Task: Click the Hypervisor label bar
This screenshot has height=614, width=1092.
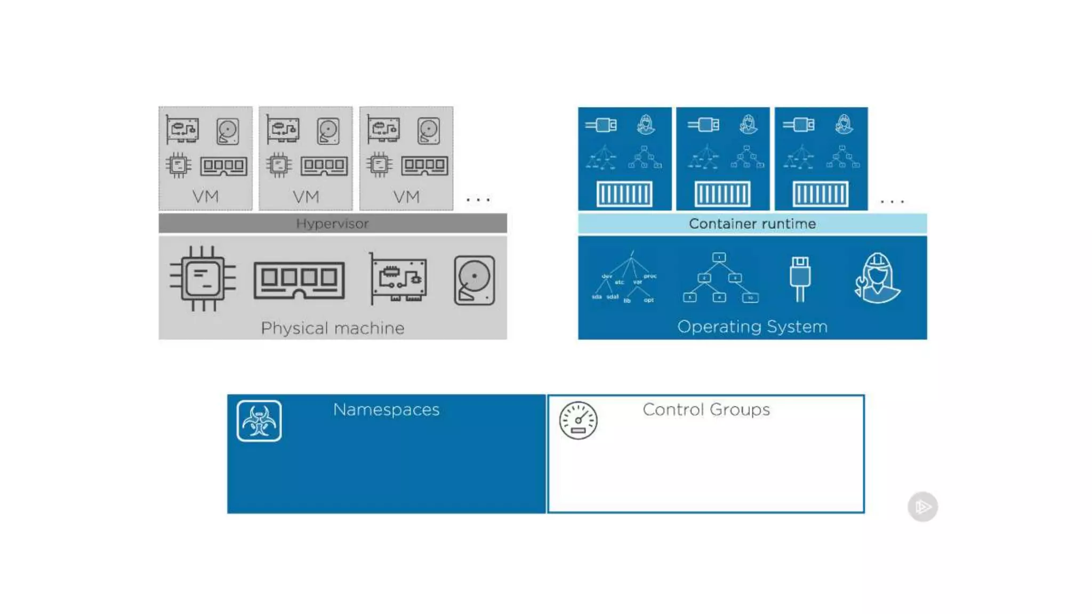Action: tap(332, 223)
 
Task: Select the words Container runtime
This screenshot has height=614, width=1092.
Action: tap(752, 224)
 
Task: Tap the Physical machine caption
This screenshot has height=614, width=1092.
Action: tap(332, 328)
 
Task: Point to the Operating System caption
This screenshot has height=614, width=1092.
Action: tap(752, 326)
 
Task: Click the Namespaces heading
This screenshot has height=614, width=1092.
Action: tap(386, 409)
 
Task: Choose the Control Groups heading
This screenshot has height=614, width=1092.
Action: tap(706, 409)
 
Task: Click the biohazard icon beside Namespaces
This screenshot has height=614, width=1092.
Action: tap(259, 421)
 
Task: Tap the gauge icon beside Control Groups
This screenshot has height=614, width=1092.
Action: tap(578, 421)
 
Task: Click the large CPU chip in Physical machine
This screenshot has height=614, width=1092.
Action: tap(203, 278)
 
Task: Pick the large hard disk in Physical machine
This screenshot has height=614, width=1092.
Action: tap(474, 280)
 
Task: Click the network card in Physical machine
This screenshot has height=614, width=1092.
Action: tap(399, 278)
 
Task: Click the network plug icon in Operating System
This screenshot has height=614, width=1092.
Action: tap(800, 278)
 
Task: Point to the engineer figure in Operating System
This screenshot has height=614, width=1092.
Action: tap(877, 278)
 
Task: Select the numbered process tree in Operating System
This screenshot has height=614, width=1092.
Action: tap(720, 278)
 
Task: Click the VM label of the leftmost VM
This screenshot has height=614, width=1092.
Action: tap(205, 197)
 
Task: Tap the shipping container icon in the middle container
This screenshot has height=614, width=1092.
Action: tap(722, 193)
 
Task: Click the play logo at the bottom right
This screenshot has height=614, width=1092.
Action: tap(922, 506)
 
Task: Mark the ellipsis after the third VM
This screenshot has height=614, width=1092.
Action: tap(478, 200)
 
